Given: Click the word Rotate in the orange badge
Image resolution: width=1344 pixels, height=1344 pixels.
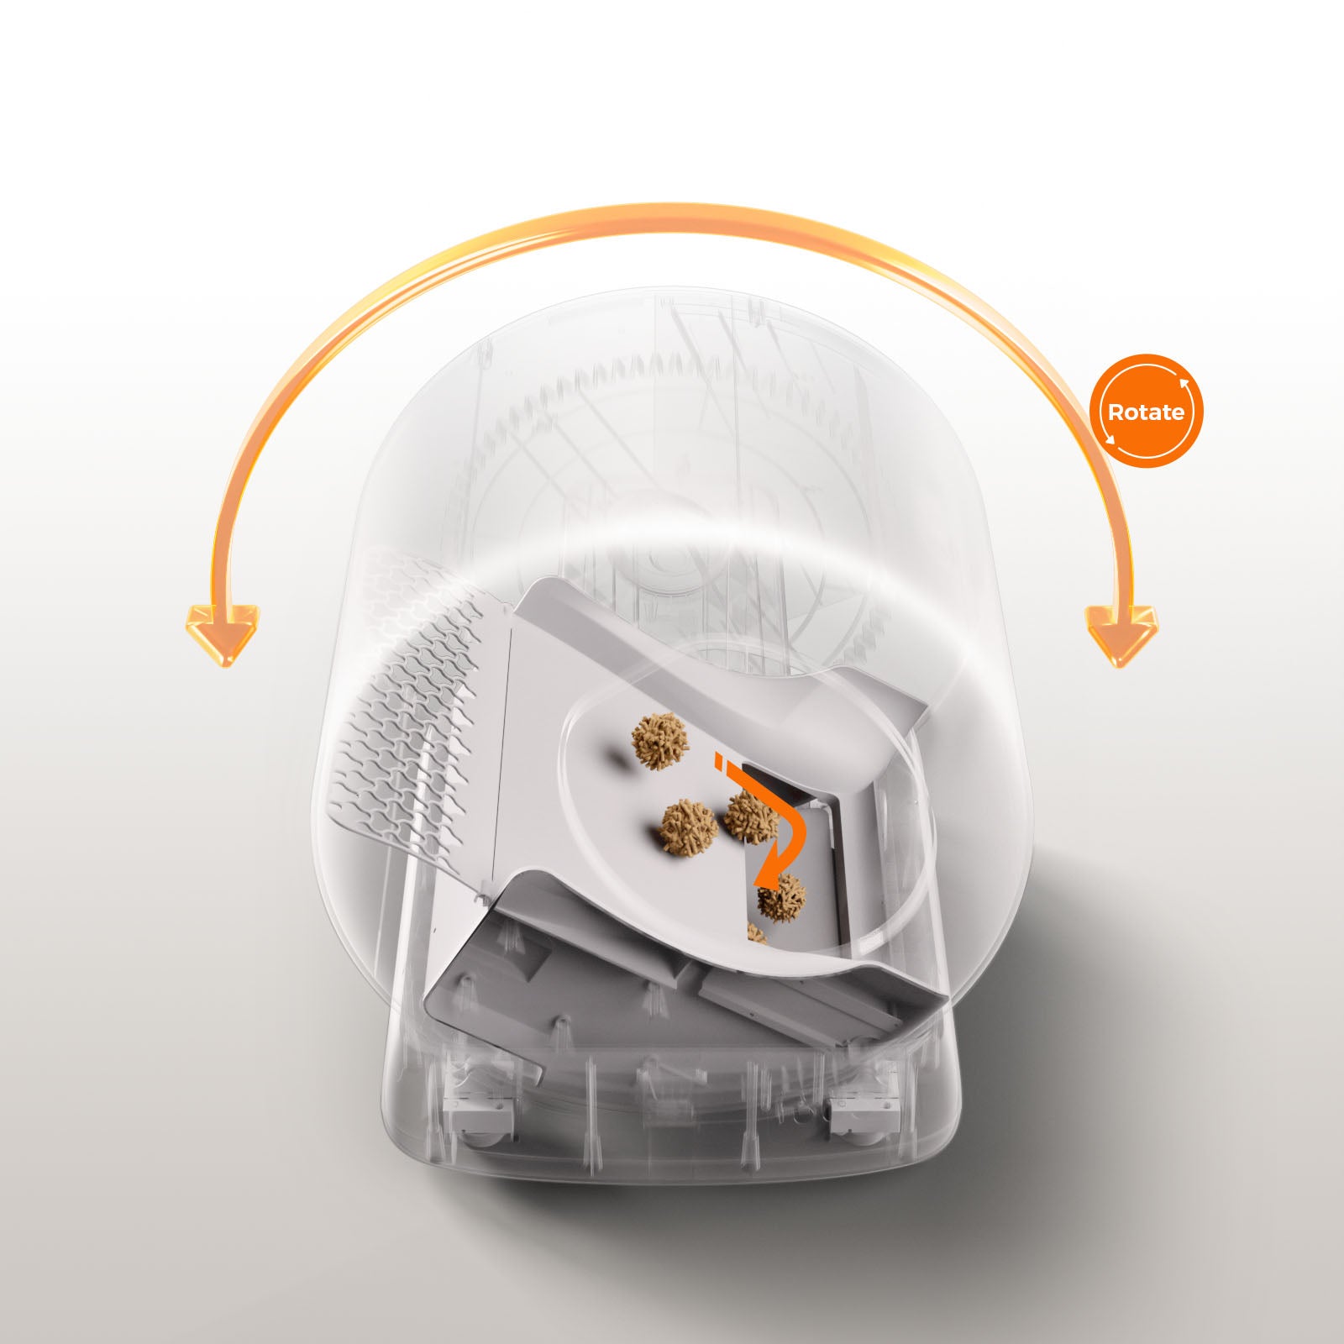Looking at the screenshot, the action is click(1146, 412).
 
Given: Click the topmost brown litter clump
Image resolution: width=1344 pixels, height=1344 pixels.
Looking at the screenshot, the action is click(660, 741).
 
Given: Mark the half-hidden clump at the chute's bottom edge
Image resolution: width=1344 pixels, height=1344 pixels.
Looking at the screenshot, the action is click(758, 932).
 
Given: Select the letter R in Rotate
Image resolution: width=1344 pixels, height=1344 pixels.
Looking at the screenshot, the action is click(1116, 412).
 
